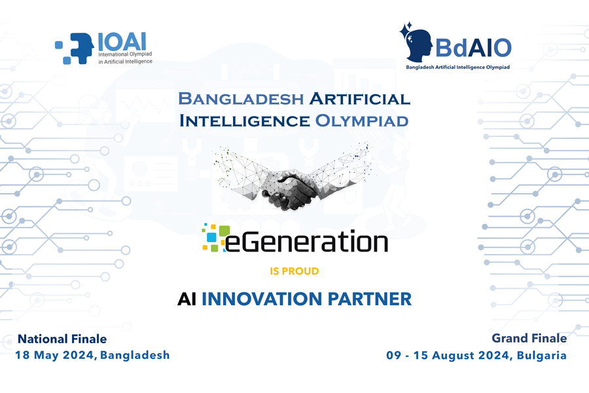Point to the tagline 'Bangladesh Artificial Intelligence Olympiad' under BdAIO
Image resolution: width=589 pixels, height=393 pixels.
pyautogui.click(x=458, y=67)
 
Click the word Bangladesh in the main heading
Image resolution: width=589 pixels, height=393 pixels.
pyautogui.click(x=241, y=100)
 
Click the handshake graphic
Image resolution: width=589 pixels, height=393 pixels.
pyautogui.click(x=293, y=179)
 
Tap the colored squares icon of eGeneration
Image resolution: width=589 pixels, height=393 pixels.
pyautogui.click(x=215, y=237)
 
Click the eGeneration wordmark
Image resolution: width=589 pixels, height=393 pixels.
pyautogui.click(x=306, y=240)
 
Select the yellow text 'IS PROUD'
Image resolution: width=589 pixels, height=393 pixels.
pyautogui.click(x=294, y=271)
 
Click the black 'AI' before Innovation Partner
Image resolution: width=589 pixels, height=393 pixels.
pyautogui.click(x=187, y=299)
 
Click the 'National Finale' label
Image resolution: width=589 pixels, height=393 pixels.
pyautogui.click(x=62, y=339)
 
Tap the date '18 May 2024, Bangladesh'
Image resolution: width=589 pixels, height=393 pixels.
pyautogui.click(x=92, y=355)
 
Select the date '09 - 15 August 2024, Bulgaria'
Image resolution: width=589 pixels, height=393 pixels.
pyautogui.click(x=476, y=356)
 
